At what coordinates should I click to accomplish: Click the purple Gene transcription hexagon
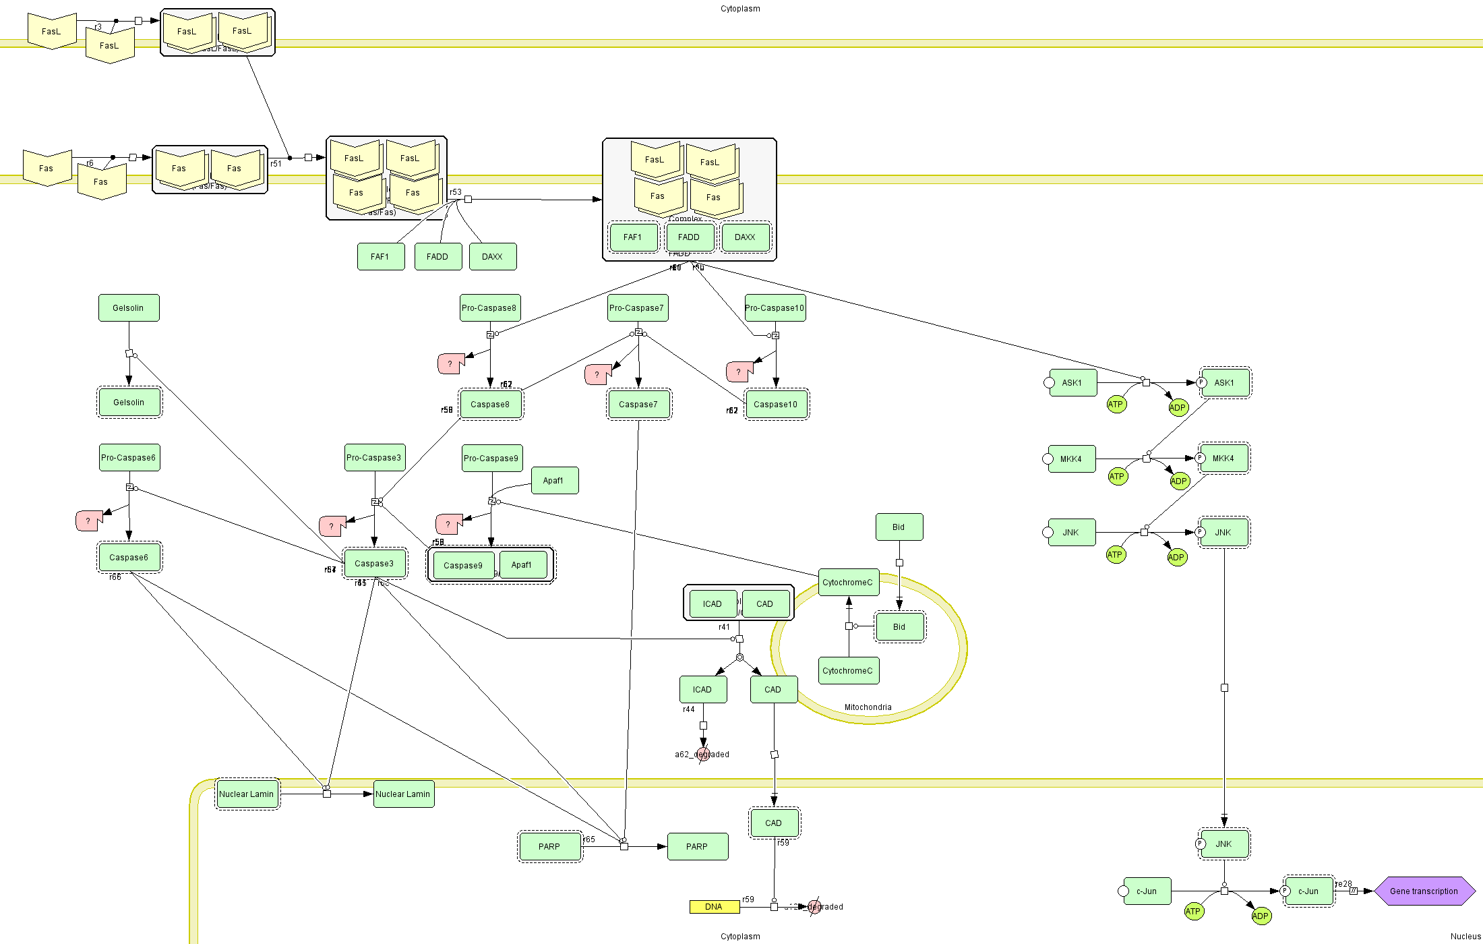pyautogui.click(x=1423, y=891)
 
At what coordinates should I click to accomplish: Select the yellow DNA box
pyautogui.click(x=714, y=907)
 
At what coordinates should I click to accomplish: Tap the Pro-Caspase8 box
pyautogui.click(x=489, y=308)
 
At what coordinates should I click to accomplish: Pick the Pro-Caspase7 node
pyautogui.click(x=637, y=308)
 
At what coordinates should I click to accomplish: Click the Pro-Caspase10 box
pyautogui.click(x=775, y=308)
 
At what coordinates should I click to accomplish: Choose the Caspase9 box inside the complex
pyautogui.click(x=463, y=566)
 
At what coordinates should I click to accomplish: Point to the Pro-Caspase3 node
pyautogui.click(x=374, y=458)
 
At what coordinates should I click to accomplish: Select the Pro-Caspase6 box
pyautogui.click(x=129, y=458)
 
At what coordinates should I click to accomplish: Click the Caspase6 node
pyautogui.click(x=129, y=558)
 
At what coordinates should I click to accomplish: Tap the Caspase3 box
pyautogui.click(x=374, y=564)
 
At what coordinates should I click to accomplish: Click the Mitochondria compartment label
pyautogui.click(x=868, y=707)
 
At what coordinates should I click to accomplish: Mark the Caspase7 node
pyautogui.click(x=638, y=405)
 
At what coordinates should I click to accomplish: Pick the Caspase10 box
pyautogui.click(x=776, y=405)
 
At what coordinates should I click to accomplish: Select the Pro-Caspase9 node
pyautogui.click(x=491, y=459)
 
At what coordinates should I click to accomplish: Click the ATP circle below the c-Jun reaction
pyautogui.click(x=1193, y=912)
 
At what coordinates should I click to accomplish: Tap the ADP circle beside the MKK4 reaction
pyautogui.click(x=1179, y=481)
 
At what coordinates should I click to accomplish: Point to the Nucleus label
pyautogui.click(x=1465, y=937)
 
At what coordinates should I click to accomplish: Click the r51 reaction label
pyautogui.click(x=276, y=164)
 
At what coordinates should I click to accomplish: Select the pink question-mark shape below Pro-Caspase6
pyautogui.click(x=88, y=521)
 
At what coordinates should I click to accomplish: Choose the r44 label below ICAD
pyautogui.click(x=688, y=709)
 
